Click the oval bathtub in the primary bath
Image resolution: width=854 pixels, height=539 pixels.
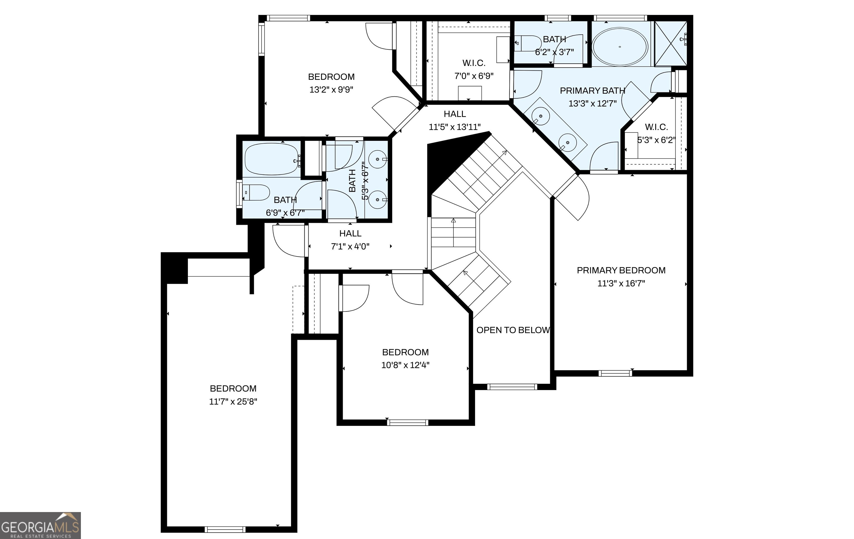[x=620, y=47]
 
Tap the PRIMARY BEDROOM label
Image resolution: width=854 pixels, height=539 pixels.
[x=621, y=270]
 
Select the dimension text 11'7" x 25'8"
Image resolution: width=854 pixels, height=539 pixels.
[x=233, y=401]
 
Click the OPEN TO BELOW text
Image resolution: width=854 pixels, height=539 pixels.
[x=513, y=330]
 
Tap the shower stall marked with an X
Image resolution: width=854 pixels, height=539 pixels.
[x=671, y=43]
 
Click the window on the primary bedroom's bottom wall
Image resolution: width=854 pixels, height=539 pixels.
[x=615, y=373]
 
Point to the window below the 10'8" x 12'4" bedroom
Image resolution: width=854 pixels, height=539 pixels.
[x=408, y=422]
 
